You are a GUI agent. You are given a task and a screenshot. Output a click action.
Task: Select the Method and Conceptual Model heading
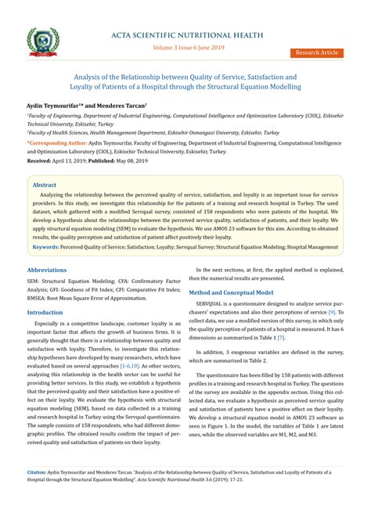(x=234, y=292)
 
